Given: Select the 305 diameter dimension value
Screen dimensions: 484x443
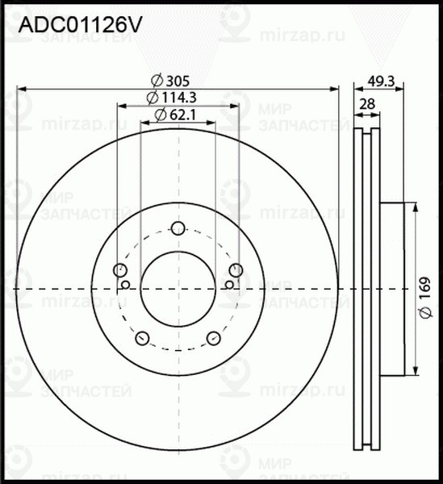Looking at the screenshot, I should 178,80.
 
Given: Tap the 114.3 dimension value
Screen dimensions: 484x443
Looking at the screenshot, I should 180,98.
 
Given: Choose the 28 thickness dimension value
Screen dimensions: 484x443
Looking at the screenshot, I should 368,103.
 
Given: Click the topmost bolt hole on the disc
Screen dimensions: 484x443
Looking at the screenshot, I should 178,227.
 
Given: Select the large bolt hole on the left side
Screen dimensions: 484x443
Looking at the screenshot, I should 121,269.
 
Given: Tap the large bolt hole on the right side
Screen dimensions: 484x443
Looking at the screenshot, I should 236,269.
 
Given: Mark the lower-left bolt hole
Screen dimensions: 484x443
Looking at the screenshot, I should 143,337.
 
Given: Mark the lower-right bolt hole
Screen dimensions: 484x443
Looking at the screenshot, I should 214,337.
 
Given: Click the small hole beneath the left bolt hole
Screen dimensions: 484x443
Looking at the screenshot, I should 126,284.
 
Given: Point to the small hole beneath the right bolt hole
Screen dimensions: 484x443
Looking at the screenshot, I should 230,284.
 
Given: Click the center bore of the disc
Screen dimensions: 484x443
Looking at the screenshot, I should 178,288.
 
